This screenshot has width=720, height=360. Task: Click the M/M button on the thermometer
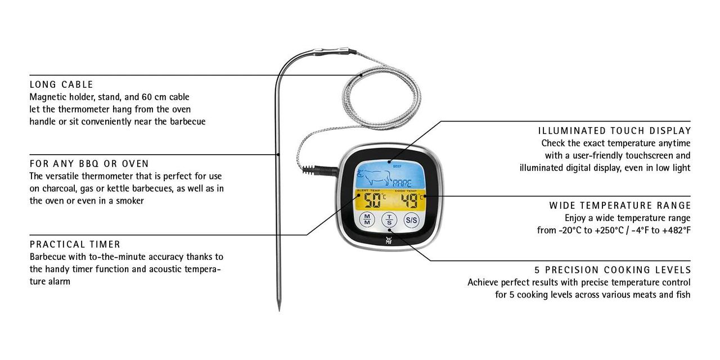point(367,220)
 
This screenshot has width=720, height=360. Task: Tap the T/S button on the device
point(389,220)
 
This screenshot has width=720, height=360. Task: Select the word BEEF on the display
point(397,166)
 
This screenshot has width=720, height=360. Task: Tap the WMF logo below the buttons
point(388,240)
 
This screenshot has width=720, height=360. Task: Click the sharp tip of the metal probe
point(279,310)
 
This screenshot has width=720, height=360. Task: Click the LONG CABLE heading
point(61,84)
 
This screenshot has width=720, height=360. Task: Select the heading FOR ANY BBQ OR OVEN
point(89,164)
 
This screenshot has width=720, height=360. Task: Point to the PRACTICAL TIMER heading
point(75,245)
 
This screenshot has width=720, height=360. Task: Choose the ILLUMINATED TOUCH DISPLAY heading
point(615,131)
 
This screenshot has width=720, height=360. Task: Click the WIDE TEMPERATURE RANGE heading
point(620,205)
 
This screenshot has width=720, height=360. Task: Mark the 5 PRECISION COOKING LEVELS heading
point(613,270)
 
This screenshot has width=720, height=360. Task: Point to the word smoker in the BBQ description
point(130,201)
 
